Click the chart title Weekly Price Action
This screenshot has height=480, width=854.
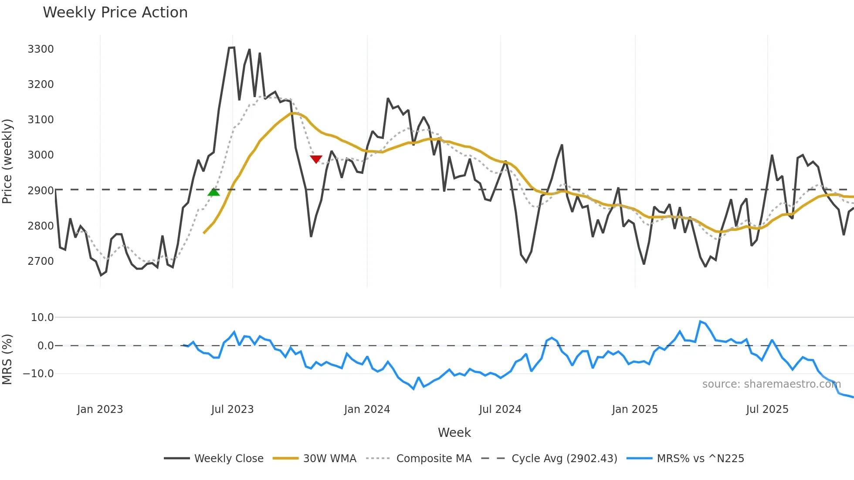click(x=115, y=13)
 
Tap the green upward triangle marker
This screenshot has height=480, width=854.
click(x=213, y=192)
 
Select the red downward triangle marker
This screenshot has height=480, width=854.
click(x=316, y=159)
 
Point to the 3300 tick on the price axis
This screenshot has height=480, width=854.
click(x=41, y=49)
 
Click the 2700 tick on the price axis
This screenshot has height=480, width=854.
click(x=41, y=261)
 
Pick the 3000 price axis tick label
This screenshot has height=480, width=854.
click(x=41, y=155)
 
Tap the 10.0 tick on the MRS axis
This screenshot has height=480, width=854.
click(x=42, y=318)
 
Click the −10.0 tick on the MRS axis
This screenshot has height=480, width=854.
click(x=38, y=374)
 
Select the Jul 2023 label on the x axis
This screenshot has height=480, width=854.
click(x=232, y=409)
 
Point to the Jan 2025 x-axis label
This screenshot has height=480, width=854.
click(x=634, y=409)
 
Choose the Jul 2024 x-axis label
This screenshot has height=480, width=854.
click(x=500, y=409)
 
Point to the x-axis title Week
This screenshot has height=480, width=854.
click(x=454, y=433)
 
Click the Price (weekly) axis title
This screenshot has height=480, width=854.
click(x=7, y=161)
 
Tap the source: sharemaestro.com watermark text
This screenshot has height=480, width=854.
click(x=771, y=384)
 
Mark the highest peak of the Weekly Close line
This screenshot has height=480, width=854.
click(x=232, y=47)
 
